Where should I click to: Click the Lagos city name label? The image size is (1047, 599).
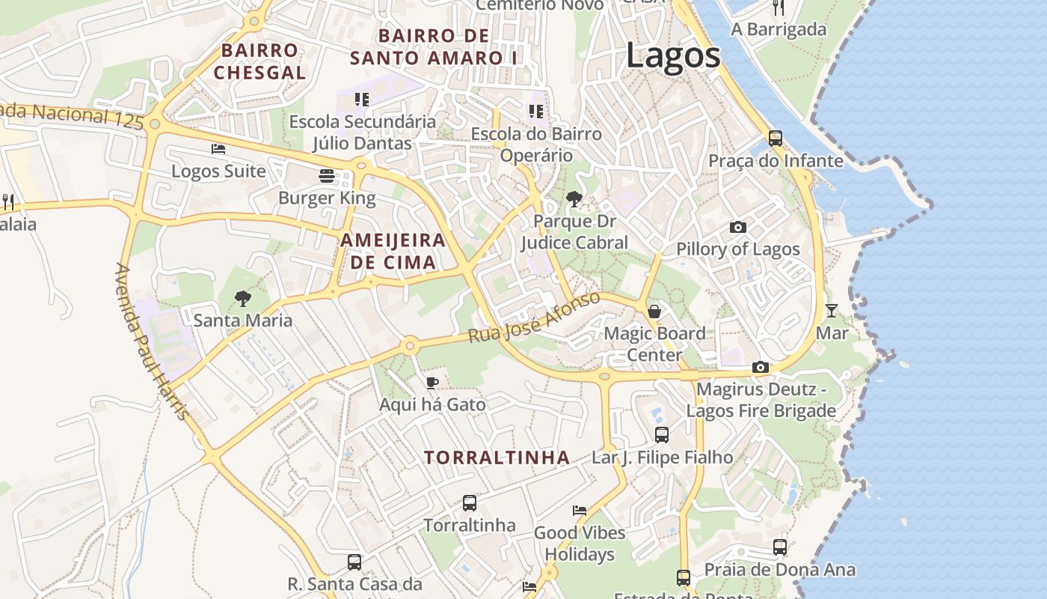673,56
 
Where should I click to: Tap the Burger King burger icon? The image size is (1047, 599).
327,176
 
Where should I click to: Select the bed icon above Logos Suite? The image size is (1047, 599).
218,149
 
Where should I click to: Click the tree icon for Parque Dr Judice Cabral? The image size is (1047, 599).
574,199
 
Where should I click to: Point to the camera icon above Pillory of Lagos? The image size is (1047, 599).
738,227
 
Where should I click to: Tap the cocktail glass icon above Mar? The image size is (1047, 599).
832,310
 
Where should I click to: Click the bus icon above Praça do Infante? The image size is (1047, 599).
776,139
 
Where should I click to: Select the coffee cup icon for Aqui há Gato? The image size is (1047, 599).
432,383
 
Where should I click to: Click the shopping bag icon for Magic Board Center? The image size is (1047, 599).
654,311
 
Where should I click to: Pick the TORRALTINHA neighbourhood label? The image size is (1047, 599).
497,457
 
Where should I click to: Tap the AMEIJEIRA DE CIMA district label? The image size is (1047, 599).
393,252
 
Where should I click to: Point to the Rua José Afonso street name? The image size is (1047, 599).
534,317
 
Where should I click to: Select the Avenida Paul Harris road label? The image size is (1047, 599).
152,341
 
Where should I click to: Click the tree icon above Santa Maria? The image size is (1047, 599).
242,299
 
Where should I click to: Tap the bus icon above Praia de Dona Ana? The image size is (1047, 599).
780,547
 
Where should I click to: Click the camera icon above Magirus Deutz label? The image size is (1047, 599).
761,368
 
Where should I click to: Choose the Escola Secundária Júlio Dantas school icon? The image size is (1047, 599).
362,100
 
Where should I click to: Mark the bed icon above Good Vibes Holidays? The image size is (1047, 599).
580,511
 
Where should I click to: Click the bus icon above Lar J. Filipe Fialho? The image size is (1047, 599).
662,435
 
